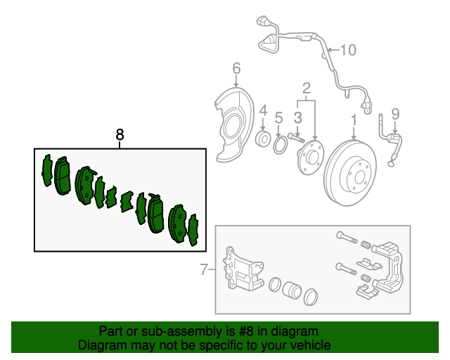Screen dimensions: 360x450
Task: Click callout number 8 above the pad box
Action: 120,134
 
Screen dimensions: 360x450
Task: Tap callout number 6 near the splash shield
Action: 236,68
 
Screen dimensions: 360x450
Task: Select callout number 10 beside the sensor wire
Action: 348,50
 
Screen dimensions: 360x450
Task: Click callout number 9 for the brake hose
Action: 395,113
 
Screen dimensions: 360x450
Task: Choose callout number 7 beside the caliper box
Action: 204,269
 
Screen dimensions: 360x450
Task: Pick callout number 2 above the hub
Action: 307,88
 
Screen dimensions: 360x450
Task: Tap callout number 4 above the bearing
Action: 263,110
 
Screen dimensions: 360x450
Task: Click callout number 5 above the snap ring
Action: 279,117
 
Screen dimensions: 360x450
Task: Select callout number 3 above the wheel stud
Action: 297,116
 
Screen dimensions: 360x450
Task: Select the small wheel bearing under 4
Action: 264,137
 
